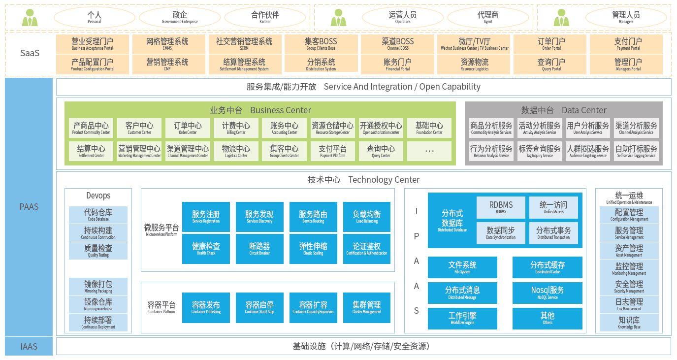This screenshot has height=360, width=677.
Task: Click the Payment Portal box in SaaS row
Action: pos(628,44)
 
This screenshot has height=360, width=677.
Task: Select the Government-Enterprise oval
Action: pos(180,18)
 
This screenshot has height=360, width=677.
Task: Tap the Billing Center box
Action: pos(236,128)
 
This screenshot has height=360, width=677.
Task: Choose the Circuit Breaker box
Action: pos(259,248)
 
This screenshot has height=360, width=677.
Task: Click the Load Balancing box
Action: pos(367,217)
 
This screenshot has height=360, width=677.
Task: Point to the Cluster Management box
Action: pos(367,307)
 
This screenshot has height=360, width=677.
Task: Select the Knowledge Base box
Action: pos(629,323)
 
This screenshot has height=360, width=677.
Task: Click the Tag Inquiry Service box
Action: pos(540,151)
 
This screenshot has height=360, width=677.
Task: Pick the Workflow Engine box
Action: pos(462,318)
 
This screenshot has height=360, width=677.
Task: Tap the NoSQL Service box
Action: pos(548,293)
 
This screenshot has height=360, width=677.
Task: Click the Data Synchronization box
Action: pos(501,233)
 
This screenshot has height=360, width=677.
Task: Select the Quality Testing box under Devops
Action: pos(98,251)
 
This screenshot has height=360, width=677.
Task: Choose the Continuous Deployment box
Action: pos(98,323)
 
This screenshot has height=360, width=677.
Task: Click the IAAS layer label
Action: pos(29,347)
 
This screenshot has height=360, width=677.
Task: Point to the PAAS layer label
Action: pos(29,207)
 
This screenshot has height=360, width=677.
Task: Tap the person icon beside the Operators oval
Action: pos(338,18)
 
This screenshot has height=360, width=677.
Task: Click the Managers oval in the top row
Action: pos(626,18)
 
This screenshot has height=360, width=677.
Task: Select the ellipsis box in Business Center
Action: pos(429,151)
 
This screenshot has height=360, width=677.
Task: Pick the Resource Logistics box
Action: pos(475,65)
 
